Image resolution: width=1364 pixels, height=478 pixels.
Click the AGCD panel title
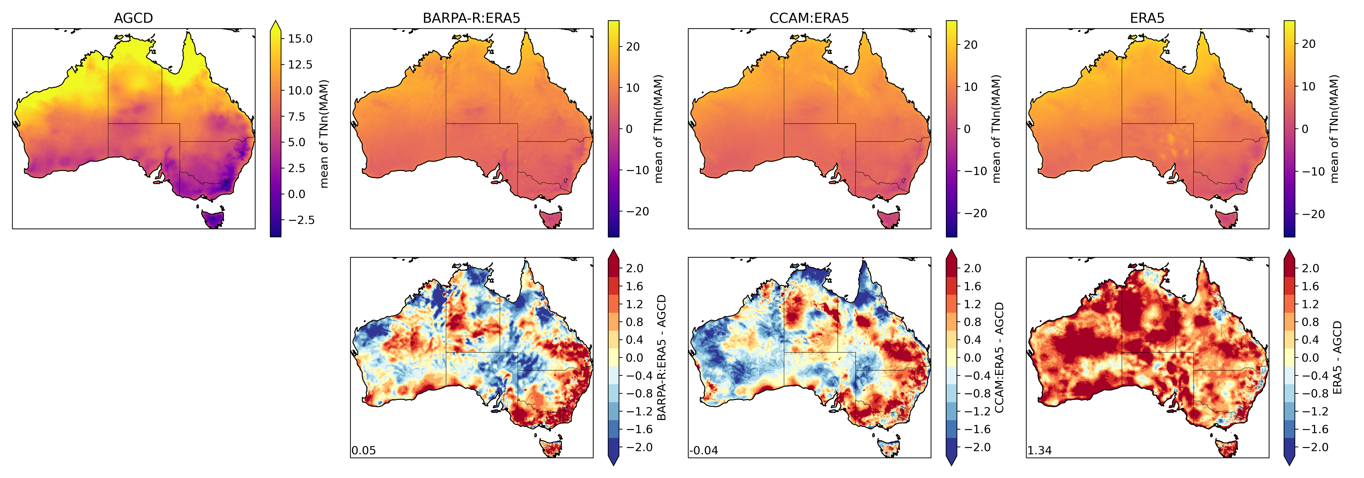tap(133, 18)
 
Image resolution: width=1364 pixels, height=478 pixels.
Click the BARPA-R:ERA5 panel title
tap(471, 18)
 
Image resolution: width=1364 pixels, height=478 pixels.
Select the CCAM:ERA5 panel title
tap(809, 18)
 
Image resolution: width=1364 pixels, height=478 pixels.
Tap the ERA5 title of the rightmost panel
tap(1147, 18)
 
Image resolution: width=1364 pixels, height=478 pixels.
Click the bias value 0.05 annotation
tap(364, 450)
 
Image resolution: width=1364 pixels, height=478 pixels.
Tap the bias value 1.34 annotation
tap(1039, 450)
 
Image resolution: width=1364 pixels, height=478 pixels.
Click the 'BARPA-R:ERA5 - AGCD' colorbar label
tap(661, 358)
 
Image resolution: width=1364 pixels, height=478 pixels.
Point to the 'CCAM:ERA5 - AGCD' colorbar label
tap(999, 358)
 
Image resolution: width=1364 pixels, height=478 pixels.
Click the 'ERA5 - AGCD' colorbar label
tap(1337, 358)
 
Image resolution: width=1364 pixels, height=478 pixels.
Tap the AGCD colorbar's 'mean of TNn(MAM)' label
tap(324, 134)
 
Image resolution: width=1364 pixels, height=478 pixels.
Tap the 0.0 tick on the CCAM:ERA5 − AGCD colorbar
tap(972, 358)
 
